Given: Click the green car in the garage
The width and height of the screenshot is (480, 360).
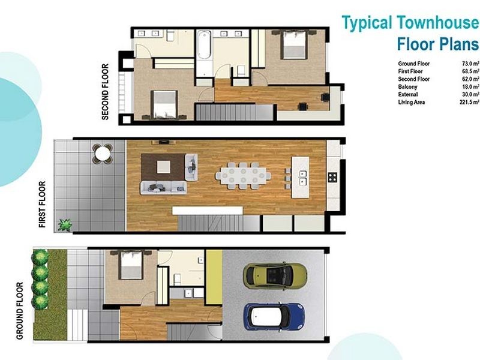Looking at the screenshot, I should (275, 275).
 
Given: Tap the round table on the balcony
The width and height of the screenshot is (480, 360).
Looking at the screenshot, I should (103, 154).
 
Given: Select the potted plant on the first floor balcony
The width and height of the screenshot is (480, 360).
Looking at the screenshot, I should (65, 225).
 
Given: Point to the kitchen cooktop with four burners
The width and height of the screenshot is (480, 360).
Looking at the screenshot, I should (332, 176).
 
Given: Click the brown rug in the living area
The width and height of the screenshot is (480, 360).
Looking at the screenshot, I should (163, 164).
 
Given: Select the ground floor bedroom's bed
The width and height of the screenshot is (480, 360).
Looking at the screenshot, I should (131, 267).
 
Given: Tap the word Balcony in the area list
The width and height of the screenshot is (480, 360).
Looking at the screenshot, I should (407, 87).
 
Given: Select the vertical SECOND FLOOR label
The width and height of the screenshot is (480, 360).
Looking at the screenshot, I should (106, 92).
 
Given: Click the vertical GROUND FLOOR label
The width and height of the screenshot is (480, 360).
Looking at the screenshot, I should (20, 311).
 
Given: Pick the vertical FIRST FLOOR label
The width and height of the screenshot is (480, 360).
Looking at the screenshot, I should (42, 205).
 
